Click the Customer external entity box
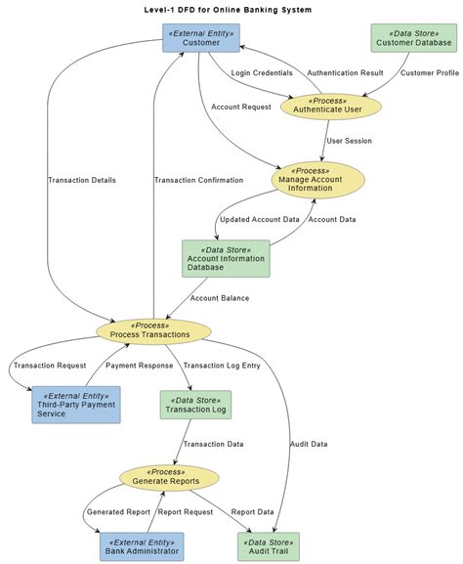[201, 38]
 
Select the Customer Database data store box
[414, 38]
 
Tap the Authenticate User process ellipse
[331, 107]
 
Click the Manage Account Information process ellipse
[317, 180]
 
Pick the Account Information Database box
[226, 259]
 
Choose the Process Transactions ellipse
[153, 331]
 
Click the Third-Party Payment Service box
[76, 405]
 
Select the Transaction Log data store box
[195, 405]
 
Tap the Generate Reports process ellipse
[169, 478]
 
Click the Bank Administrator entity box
[142, 546]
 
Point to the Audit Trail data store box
[269, 546]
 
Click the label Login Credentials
[262, 73]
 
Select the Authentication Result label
[345, 73]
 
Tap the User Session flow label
[349, 141]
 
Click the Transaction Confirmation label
[199, 180]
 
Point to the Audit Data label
[309, 444]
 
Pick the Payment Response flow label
[139, 366]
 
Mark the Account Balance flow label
[220, 298]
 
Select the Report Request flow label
[186, 512]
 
